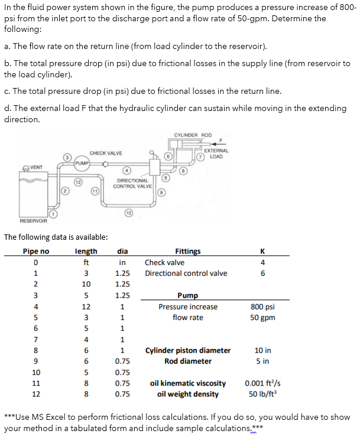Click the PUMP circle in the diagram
click(x=82, y=163)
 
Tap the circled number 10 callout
click(x=128, y=212)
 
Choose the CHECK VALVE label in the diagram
click(x=106, y=153)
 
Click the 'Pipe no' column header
click(x=36, y=251)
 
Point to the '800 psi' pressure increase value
click(x=262, y=306)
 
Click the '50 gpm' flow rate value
click(x=262, y=317)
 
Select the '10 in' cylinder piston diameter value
click(x=262, y=350)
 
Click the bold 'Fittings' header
click(x=188, y=251)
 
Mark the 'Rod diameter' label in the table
click(x=188, y=361)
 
